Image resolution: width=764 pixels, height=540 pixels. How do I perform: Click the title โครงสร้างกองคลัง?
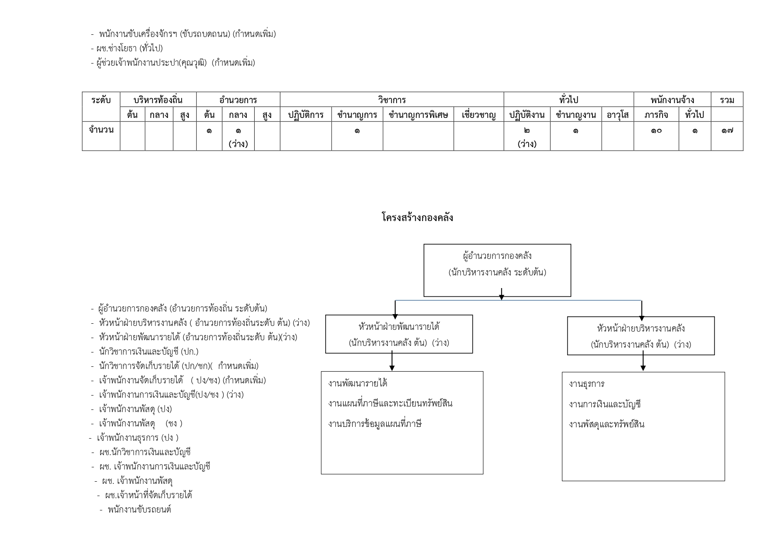pos(417,217)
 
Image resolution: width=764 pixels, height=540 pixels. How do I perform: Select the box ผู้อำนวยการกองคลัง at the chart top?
pos(497,270)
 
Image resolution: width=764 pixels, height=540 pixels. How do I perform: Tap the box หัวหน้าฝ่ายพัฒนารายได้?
pos(399,334)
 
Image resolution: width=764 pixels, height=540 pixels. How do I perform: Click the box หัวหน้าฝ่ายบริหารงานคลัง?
pos(640,336)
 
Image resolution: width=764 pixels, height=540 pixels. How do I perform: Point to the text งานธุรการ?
pos(586,384)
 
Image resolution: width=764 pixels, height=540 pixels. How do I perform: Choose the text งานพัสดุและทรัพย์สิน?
pos(606,424)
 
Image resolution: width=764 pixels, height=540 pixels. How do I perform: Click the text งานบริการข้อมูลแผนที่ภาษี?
pos(375,423)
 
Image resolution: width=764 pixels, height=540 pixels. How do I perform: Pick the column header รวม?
pos(727,100)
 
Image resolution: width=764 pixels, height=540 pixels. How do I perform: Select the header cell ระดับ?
pos(101,100)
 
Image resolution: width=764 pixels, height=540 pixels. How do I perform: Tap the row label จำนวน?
pos(101,130)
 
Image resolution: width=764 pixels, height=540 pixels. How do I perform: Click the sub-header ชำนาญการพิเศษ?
pos(418,115)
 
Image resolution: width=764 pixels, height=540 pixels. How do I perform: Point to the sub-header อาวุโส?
pos(617,115)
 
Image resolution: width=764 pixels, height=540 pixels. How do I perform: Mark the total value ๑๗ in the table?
pos(727,130)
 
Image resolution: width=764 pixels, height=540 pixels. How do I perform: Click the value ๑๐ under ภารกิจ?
pos(656,130)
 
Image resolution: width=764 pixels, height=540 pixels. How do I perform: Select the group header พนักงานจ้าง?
pos(672,100)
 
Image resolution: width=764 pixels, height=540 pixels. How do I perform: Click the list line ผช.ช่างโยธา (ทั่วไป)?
pos(129,48)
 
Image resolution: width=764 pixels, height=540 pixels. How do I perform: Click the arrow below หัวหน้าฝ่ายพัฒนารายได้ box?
pos(392,362)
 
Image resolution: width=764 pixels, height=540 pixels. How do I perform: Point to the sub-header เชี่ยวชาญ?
pos(478,115)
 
